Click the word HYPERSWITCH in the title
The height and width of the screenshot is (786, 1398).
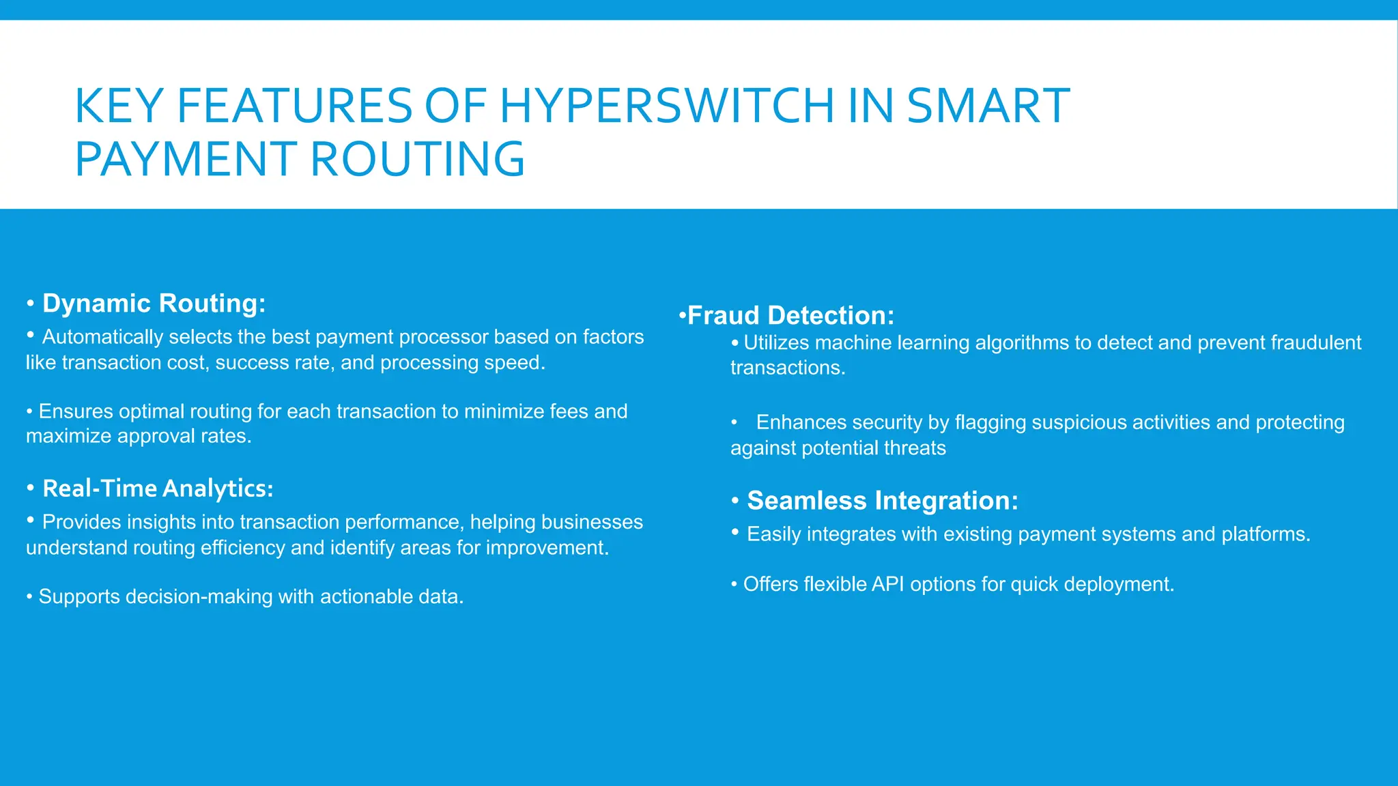667,106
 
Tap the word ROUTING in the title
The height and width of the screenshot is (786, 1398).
418,160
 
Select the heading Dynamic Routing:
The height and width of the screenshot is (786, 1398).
154,303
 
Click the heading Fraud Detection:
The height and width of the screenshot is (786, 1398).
790,315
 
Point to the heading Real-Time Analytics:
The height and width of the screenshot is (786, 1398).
158,489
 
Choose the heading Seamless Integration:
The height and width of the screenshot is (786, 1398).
882,501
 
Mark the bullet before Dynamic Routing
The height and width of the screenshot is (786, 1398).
30,303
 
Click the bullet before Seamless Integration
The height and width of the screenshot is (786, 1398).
735,501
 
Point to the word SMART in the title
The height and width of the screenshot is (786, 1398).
988,106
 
